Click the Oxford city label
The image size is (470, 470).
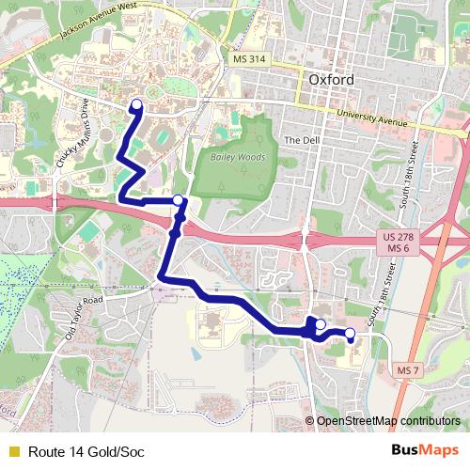click(x=332, y=80)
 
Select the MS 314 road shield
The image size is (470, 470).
click(x=246, y=59)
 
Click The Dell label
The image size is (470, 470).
click(x=301, y=140)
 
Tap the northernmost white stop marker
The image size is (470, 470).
click(x=136, y=104)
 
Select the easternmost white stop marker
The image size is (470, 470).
click(x=351, y=333)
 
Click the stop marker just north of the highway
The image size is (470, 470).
click(x=179, y=199)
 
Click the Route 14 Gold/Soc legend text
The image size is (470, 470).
click(x=86, y=452)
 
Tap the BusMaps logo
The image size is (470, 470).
click(x=425, y=451)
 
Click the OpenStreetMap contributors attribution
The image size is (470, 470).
click(x=387, y=421)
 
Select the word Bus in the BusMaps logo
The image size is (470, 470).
click(x=406, y=451)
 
